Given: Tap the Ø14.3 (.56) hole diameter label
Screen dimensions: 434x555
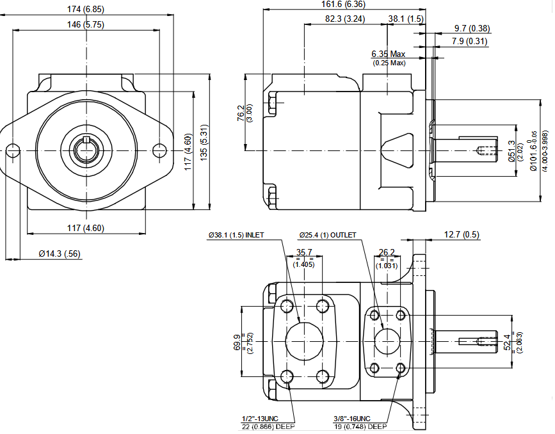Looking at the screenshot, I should click(60, 254).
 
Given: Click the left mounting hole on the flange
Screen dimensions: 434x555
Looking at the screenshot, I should click(12, 150).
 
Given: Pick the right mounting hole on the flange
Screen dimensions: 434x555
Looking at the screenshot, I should click(160, 150).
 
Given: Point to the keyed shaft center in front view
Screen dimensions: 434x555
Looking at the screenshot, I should click(86, 150).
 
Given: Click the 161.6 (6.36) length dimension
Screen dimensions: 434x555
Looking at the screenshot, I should click(344, 5).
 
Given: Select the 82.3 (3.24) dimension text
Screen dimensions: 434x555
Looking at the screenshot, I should click(344, 19).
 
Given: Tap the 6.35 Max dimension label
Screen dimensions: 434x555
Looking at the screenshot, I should click(389, 54).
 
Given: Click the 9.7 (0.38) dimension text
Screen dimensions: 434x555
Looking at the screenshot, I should click(472, 29).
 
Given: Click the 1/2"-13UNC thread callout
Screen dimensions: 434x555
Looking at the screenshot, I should click(261, 418).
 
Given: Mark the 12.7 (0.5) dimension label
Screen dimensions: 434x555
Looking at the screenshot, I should click(462, 234).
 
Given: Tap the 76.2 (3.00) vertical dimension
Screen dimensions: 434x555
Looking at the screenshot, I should click(241, 113).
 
